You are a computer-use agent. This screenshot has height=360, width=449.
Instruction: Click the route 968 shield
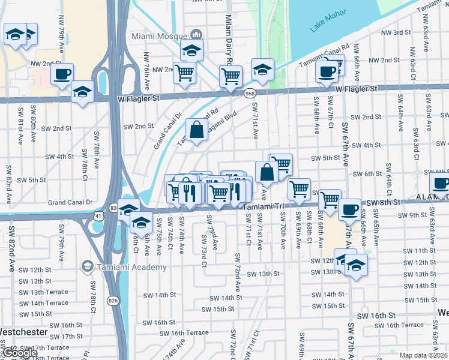click(250, 93)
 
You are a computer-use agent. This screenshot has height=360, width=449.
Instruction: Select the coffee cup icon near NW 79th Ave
click(61, 74)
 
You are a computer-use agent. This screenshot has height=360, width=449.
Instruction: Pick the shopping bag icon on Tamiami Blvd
click(197, 129)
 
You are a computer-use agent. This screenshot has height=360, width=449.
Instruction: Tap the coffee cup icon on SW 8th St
click(349, 211)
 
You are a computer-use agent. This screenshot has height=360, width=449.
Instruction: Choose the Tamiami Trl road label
click(263, 206)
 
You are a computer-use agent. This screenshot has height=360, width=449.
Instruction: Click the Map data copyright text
click(424, 355)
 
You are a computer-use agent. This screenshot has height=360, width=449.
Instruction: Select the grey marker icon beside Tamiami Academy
click(88, 266)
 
